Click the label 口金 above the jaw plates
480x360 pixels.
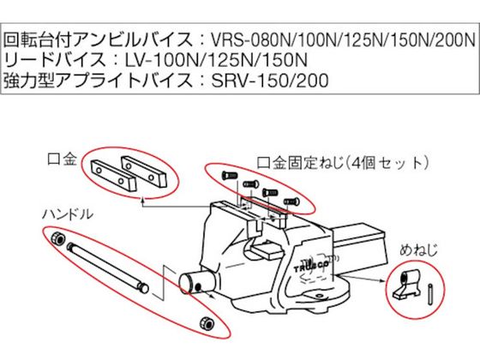point(68,159)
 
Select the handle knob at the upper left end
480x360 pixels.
point(57,238)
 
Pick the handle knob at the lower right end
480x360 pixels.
point(205,321)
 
